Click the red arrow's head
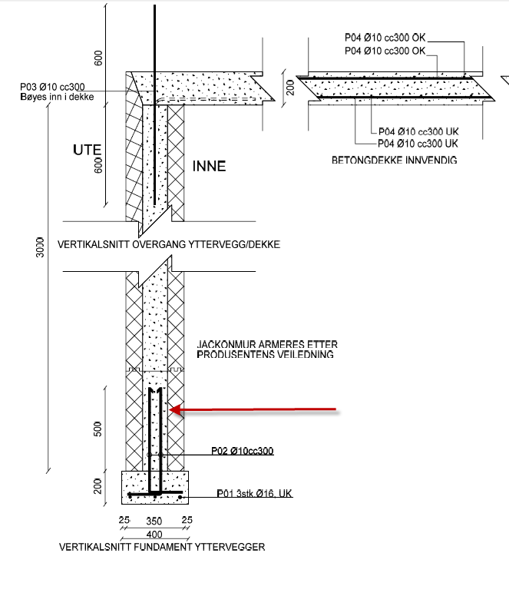tap(174, 410)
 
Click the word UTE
tap(88, 150)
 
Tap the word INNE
tap(209, 166)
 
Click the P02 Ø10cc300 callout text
tap(242, 451)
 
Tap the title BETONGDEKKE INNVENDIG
tap(394, 161)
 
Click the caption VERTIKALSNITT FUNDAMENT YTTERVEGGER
tap(162, 548)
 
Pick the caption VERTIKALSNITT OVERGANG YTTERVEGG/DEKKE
tap(169, 245)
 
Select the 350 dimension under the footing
tap(154, 521)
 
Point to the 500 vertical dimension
tap(98, 428)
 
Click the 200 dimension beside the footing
tap(98, 485)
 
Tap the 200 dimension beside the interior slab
tap(290, 88)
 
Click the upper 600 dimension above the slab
tap(98, 58)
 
